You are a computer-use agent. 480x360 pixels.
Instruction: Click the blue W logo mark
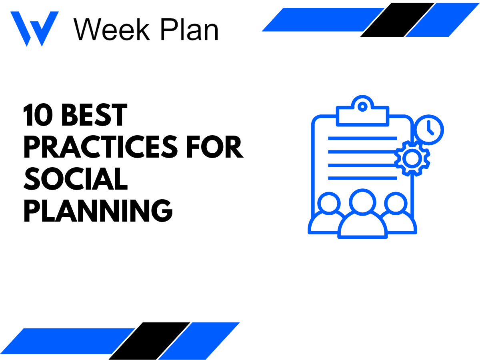(34, 28)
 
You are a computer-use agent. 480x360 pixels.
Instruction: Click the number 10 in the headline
(38, 116)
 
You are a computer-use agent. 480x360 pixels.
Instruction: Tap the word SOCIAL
(75, 179)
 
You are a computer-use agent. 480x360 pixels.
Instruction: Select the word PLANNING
(98, 211)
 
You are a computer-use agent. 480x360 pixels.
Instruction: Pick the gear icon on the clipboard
(412, 158)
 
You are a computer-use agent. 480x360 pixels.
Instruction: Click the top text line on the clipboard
(362, 138)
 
